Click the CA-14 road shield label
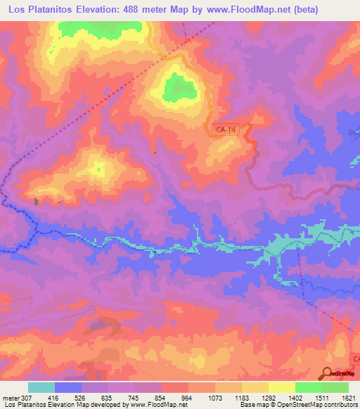[226, 129]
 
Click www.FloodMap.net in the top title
[240, 10]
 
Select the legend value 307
[27, 397]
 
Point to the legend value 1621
[347, 397]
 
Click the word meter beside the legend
[11, 397]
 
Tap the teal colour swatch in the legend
[41, 387]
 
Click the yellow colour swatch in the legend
[281, 387]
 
